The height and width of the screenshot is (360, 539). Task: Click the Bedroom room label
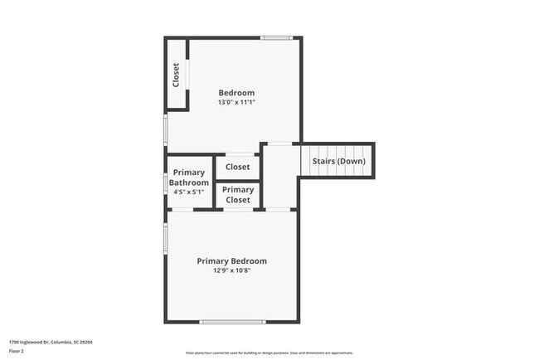coord(236,93)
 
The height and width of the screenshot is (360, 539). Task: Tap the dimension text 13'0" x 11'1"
coord(236,103)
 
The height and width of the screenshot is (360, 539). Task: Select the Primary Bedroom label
coord(231,261)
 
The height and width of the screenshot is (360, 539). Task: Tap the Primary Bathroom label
coord(189,178)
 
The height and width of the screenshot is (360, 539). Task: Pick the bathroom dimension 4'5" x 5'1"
coord(187,192)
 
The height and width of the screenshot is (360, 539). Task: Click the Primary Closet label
coord(238,195)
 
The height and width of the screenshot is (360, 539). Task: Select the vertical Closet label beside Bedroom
coord(176,75)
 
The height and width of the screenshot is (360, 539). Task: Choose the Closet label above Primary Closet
coord(238,167)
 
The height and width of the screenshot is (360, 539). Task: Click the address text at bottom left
coord(50,341)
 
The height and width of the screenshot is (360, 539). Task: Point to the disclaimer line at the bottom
coord(269,353)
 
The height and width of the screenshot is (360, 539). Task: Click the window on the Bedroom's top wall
coord(276,37)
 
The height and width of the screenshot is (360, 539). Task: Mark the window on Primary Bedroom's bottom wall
coord(232,322)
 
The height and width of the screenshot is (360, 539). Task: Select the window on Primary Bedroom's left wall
coord(165,237)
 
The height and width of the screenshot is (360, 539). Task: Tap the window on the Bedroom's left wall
coord(165,129)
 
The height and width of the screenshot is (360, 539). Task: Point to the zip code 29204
coord(86,341)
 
